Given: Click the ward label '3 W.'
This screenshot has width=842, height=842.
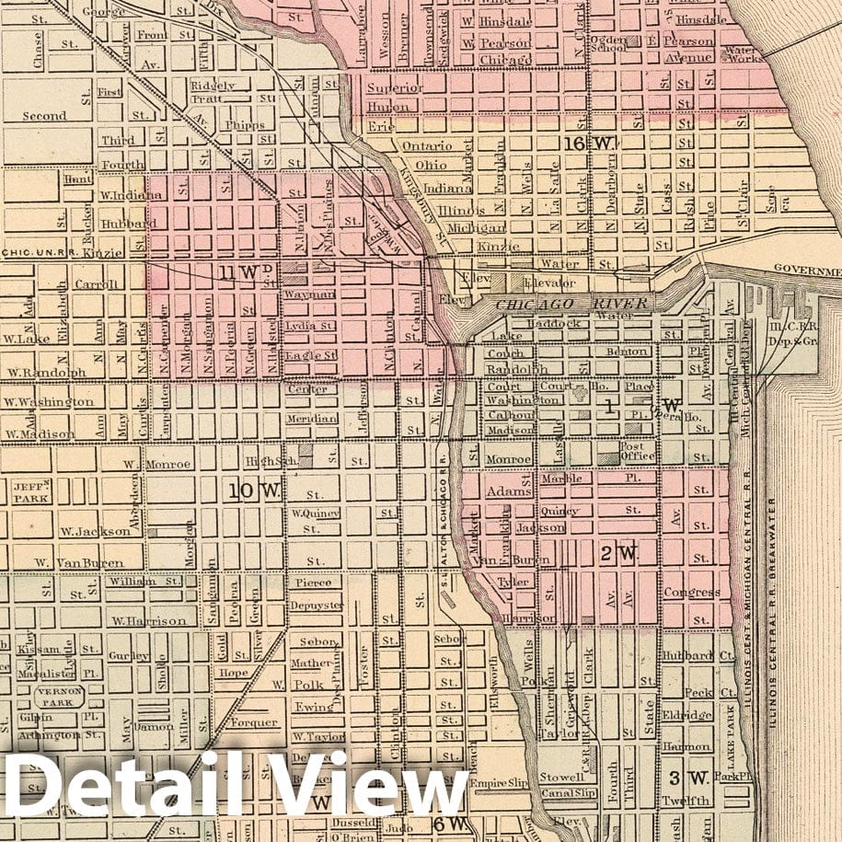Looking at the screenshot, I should [x=687, y=778].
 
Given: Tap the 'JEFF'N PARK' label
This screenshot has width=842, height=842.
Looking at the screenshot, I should [x=30, y=490].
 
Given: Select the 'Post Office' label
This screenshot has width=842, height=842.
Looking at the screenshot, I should [x=637, y=451].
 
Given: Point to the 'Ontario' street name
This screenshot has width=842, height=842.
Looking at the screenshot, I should [x=426, y=146].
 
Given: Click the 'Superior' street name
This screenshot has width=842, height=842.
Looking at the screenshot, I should [x=395, y=88].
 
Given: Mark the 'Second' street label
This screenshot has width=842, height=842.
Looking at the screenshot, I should [x=44, y=116].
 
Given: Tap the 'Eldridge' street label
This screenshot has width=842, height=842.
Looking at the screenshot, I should [x=686, y=714].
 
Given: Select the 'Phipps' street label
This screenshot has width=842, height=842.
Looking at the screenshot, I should [x=243, y=125].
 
